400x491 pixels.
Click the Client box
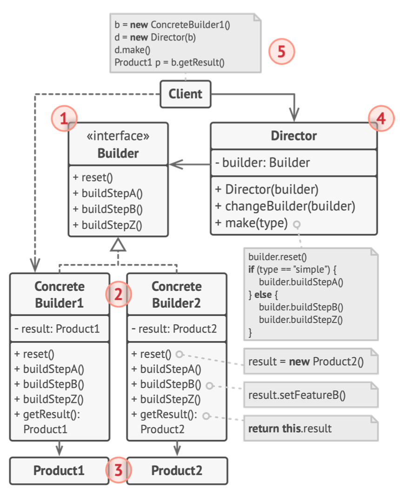(x=186, y=94)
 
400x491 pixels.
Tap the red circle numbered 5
(x=281, y=51)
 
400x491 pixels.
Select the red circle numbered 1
(x=64, y=118)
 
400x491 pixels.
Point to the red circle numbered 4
(x=381, y=118)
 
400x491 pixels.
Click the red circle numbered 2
(x=118, y=294)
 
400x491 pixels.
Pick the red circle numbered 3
(x=118, y=470)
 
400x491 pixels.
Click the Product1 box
(x=59, y=471)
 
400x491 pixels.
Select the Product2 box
(x=177, y=471)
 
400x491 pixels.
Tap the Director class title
(x=293, y=136)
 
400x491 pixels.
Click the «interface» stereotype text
(x=118, y=136)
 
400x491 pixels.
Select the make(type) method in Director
(x=252, y=223)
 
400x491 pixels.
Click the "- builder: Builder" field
(x=262, y=163)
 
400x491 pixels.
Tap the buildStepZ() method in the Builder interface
(x=107, y=225)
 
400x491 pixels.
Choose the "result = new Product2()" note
(x=311, y=361)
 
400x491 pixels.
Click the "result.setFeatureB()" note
(x=311, y=395)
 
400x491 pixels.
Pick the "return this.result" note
(x=311, y=429)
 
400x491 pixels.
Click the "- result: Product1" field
(x=57, y=329)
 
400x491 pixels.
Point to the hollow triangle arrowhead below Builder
(x=118, y=245)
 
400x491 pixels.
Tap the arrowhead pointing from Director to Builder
(x=176, y=164)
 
